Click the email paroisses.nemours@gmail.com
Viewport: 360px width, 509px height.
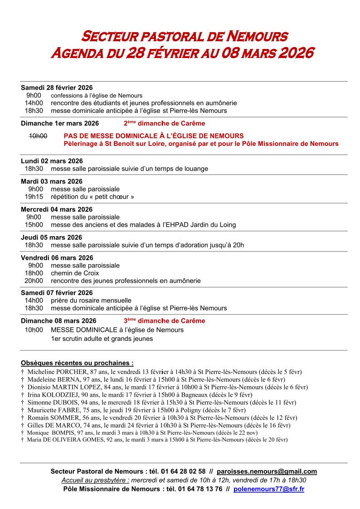pos(267,471)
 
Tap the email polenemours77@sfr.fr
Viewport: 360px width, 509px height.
pos(269,489)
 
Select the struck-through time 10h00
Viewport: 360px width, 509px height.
pos(38,136)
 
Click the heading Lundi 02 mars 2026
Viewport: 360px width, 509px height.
pos(52,161)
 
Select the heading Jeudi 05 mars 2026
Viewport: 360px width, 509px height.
pos(51,238)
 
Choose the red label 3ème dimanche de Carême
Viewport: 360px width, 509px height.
pos(164,321)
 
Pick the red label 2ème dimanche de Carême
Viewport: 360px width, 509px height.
pos(164,123)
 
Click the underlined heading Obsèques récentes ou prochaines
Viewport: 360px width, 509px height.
pos(77,363)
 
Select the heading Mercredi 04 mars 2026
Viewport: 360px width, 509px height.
pos(57,209)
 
